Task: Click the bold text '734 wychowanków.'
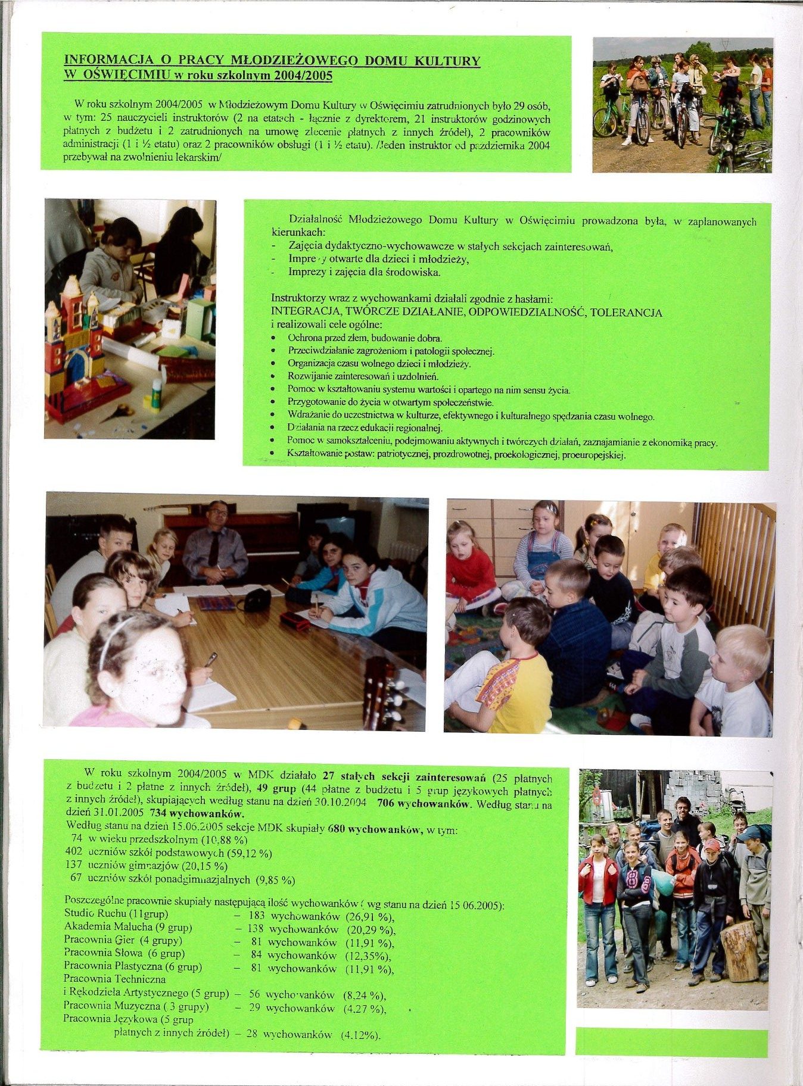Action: pyautogui.click(x=198, y=813)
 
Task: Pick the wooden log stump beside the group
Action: pyautogui.click(x=739, y=950)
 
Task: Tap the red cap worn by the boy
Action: pyautogui.click(x=711, y=845)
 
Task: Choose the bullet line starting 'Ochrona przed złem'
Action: pyautogui.click(x=365, y=338)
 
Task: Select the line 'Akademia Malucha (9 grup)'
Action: pyautogui.click(x=128, y=927)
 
